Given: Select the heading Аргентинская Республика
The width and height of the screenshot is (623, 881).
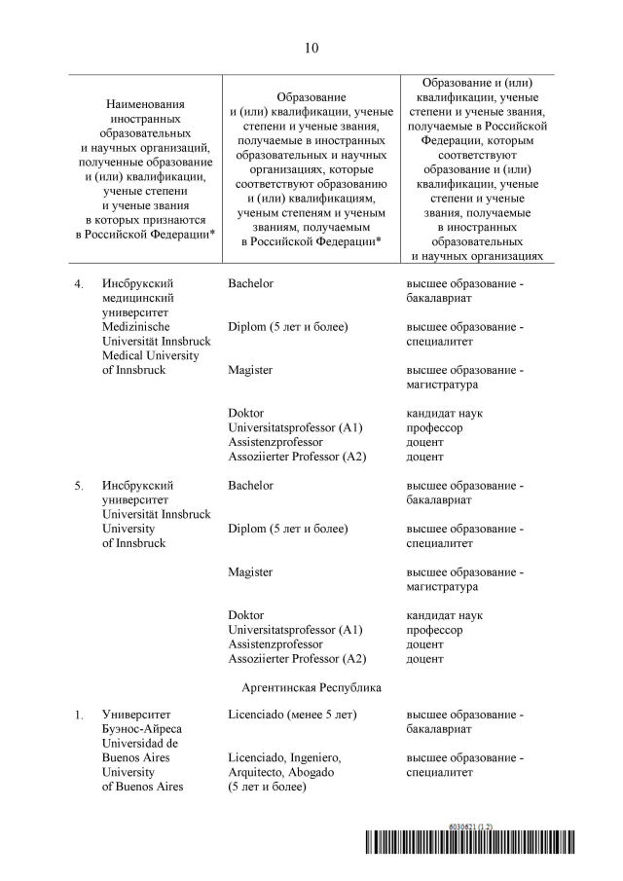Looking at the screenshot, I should pos(311,687).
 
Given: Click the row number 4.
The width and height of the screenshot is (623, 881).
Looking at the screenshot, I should pos(80,283).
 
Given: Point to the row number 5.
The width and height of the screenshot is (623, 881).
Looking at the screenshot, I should pos(80,485).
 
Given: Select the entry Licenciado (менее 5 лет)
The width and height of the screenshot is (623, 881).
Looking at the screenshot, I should pos(292,715).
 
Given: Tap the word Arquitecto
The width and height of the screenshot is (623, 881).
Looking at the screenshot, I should pos(257,772).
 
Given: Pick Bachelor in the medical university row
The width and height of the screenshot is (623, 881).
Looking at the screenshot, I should pos(250,283).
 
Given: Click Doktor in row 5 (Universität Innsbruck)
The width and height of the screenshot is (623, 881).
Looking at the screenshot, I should pos(245,615).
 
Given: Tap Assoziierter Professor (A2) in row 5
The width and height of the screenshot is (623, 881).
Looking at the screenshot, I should pos(297,658).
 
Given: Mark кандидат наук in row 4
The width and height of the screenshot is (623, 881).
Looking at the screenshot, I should pos(444,413).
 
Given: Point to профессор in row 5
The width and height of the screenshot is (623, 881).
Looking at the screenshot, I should pos(434,630).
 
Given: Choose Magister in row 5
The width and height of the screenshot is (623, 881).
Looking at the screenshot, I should pos(250,572).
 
